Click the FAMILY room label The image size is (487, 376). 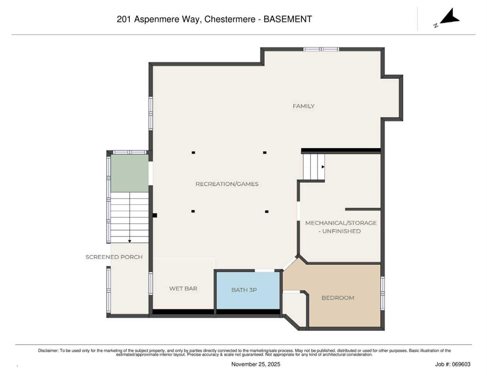pos(303,106)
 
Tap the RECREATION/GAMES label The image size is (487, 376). pos(227,184)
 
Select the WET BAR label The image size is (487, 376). pos(183,288)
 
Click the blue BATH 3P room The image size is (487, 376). pos(248,290)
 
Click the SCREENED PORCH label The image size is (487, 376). pos(114,257)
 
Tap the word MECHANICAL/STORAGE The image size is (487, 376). pos(341,223)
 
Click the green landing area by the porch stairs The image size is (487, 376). pos(129,173)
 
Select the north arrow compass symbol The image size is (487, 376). pos(447,18)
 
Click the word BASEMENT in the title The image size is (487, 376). pos(288,19)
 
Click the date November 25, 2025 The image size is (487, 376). pos(256,364)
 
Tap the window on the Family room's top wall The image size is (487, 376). pos(321,49)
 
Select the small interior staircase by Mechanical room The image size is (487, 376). pos(314,167)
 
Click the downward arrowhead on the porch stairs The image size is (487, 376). pos(129,241)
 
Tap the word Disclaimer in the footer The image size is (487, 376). pos(48,351)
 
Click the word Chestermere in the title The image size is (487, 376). pos(230,19)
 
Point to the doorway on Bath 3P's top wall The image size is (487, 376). pos(265,271)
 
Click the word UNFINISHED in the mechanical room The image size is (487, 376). pos(341,231)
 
